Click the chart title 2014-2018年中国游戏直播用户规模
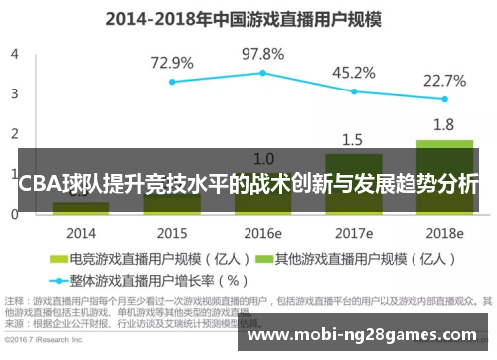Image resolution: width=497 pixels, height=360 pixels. tap(248, 18)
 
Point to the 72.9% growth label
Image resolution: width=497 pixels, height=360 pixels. tap(172, 63)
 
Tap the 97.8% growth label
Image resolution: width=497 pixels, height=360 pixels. tap(262, 54)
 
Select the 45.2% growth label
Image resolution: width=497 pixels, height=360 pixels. tap(353, 73)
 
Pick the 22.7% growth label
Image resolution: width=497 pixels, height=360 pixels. tap(444, 81)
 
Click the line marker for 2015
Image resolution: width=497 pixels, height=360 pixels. tap(172, 82)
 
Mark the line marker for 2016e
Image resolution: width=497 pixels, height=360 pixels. tap(262, 73)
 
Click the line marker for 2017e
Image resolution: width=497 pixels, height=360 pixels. tap(354, 91)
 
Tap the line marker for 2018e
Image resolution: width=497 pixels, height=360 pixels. tap(444, 99)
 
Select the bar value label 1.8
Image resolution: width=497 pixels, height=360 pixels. tap(444, 125)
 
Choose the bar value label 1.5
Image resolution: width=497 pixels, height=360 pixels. tap(353, 139)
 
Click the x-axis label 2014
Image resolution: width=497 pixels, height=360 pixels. tap(81, 234)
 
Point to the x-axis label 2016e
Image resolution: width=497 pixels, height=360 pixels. tap(262, 234)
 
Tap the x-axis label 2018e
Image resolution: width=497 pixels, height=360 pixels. tap(444, 234)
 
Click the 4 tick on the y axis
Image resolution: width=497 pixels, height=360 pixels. tap(14, 54)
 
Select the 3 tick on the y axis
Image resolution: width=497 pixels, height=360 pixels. tap(14, 93)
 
